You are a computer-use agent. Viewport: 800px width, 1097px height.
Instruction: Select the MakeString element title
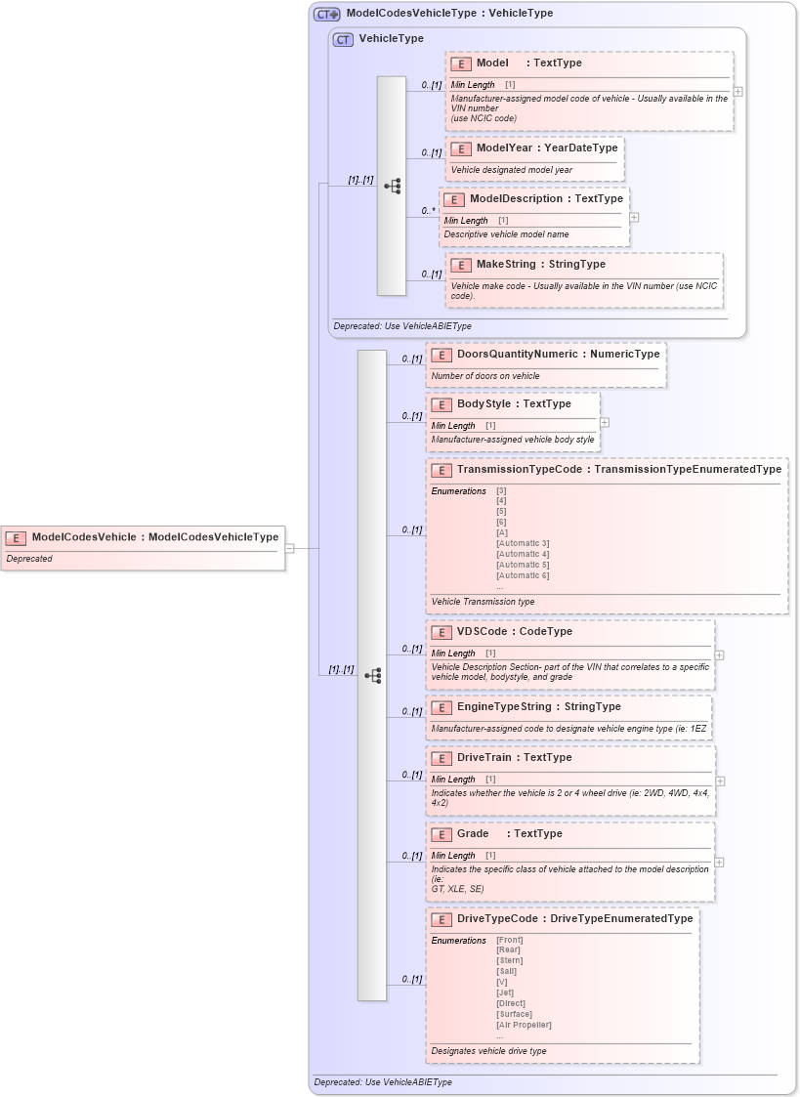tap(540, 264)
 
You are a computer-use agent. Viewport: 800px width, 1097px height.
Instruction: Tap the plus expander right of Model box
tap(738, 92)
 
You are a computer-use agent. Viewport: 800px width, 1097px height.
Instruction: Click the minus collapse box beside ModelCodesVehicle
tap(290, 548)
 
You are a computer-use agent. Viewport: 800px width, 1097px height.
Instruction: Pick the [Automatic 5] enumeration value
tap(523, 565)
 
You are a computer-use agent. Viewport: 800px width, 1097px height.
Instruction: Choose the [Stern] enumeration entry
tap(509, 961)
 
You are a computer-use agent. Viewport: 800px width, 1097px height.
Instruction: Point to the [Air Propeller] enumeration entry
tap(524, 1025)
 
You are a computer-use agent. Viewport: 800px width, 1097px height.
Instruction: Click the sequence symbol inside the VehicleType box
tap(392, 186)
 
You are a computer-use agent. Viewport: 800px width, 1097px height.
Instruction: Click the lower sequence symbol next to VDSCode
tap(372, 675)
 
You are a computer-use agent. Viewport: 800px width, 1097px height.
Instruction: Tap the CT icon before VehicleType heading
tap(343, 39)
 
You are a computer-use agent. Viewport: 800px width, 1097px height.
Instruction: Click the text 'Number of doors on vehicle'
tap(485, 376)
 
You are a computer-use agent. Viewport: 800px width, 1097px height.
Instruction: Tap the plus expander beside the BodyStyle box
tap(605, 423)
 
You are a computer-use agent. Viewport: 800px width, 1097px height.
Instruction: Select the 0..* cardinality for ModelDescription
tap(427, 210)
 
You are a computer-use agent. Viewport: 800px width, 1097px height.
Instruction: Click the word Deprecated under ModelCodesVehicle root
tap(29, 559)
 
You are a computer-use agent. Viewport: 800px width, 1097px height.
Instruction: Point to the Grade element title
tap(473, 833)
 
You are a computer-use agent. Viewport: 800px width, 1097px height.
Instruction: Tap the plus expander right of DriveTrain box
tap(720, 781)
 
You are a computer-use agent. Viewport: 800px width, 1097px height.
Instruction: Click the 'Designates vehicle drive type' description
tap(488, 1051)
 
